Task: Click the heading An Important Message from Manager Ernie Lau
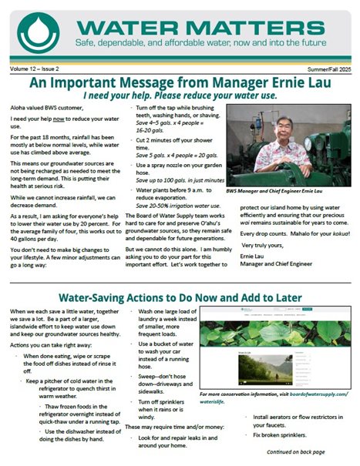coord(180,83)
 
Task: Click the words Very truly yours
coord(267,244)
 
